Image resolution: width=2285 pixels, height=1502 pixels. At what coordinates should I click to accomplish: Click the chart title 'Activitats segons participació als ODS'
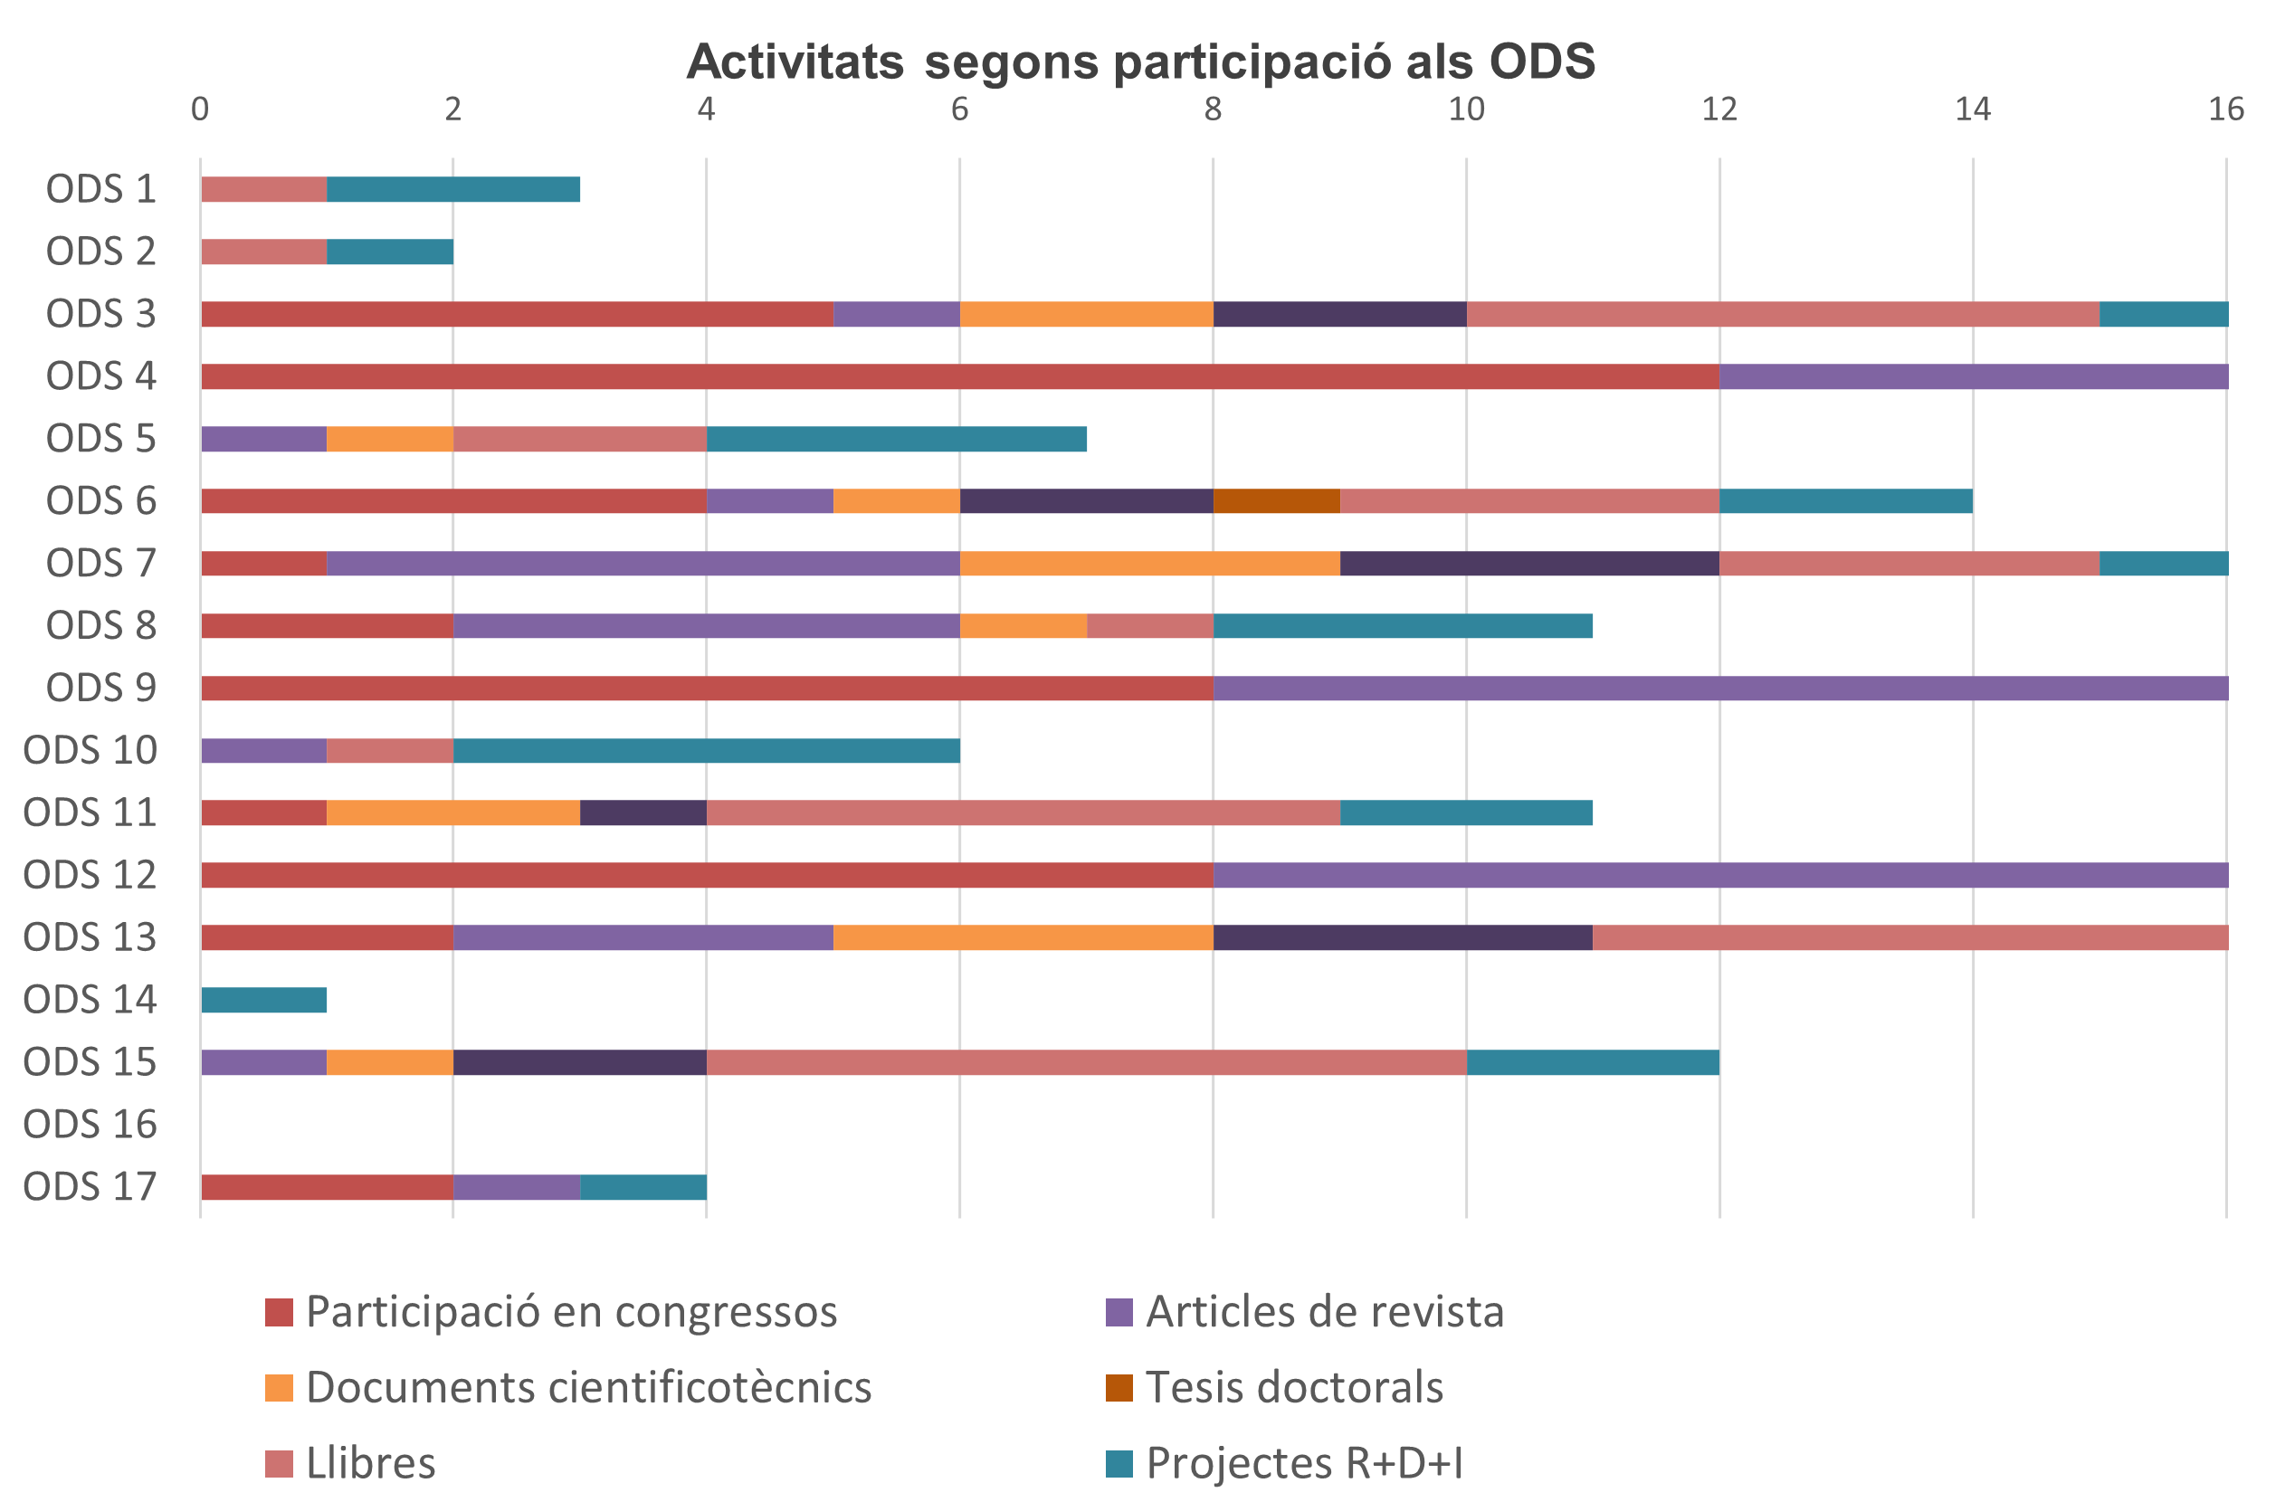click(x=1139, y=62)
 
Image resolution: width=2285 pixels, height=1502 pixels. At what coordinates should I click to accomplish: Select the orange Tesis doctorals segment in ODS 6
click(x=1276, y=501)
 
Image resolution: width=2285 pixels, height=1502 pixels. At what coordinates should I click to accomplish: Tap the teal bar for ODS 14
click(x=264, y=1000)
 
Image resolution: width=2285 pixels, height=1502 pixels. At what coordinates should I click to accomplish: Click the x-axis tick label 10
click(x=1465, y=109)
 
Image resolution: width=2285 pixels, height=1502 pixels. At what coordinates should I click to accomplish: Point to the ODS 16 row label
click(x=90, y=1125)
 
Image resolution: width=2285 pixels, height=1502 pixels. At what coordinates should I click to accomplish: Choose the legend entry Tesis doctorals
click(x=1293, y=1388)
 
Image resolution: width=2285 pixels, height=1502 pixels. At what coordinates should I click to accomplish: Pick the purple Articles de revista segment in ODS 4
click(x=1973, y=376)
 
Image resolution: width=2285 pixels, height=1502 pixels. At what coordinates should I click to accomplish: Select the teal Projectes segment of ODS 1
click(x=453, y=190)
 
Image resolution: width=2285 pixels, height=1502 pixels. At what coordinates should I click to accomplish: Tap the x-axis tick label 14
click(x=1972, y=109)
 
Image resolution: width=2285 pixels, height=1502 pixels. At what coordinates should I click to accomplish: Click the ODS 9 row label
click(x=100, y=689)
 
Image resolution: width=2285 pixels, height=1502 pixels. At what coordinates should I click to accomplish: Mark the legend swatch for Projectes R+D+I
click(x=1119, y=1464)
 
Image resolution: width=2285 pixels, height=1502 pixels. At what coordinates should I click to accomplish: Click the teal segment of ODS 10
click(x=706, y=750)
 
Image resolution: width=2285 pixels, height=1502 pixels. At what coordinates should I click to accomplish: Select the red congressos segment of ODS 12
click(x=707, y=875)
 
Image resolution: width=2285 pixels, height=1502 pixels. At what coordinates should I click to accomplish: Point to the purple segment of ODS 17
click(x=517, y=1187)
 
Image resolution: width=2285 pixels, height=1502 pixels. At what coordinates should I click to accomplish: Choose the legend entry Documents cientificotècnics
click(x=587, y=1388)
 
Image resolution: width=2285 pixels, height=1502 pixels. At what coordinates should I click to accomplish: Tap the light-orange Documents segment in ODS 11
click(x=453, y=813)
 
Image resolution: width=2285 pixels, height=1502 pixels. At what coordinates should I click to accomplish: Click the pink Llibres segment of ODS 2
click(x=264, y=252)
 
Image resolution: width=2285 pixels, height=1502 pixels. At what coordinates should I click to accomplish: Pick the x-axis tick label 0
click(x=200, y=109)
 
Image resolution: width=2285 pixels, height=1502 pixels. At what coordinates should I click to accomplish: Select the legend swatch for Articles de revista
click(x=1119, y=1312)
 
